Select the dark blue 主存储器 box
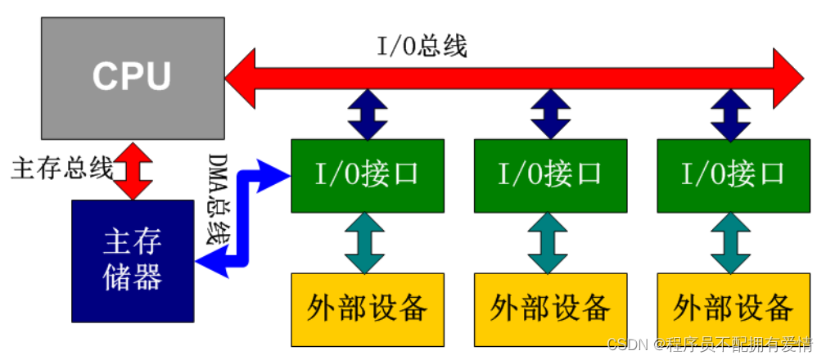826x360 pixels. coord(133,260)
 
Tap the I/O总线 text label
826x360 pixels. coord(422,47)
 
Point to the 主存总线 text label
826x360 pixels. coord(61,168)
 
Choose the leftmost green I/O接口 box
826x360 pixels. coord(367,174)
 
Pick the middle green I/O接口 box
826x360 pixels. coord(550,174)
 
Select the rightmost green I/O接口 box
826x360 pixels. coord(733,174)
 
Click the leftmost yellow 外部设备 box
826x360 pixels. coord(367,308)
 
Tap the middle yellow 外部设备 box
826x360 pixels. coord(550,308)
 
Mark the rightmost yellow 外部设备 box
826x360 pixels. coord(733,308)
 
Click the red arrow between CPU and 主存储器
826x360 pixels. coord(133,169)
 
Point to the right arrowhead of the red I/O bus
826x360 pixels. coord(788,78)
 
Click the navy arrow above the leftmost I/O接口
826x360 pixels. coord(367,115)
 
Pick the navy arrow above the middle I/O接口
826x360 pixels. coord(550,115)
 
